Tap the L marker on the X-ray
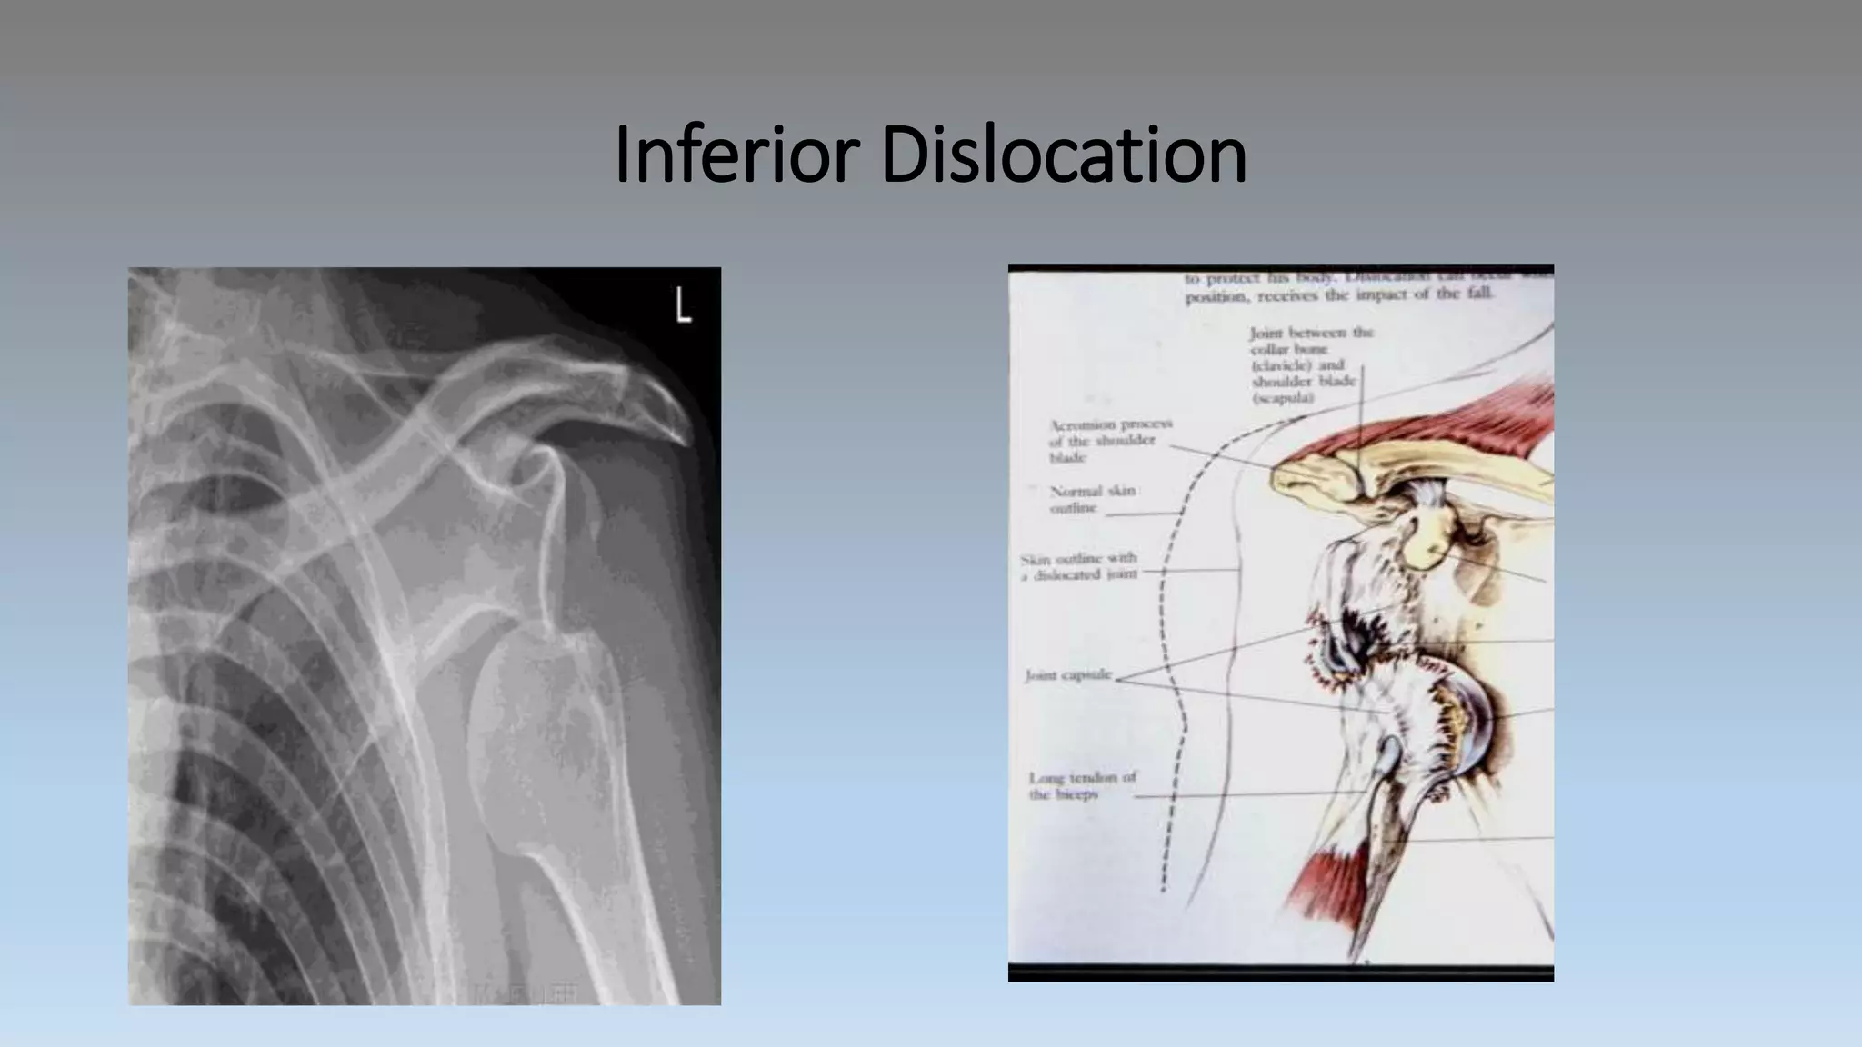tap(683, 305)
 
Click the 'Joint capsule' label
tap(1068, 675)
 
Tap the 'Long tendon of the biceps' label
tap(1082, 786)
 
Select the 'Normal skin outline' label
tap(1092, 499)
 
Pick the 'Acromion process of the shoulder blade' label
tap(1110, 441)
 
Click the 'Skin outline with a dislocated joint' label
tap(1079, 566)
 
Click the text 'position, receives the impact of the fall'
tap(1338, 295)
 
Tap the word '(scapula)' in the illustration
tap(1282, 398)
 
